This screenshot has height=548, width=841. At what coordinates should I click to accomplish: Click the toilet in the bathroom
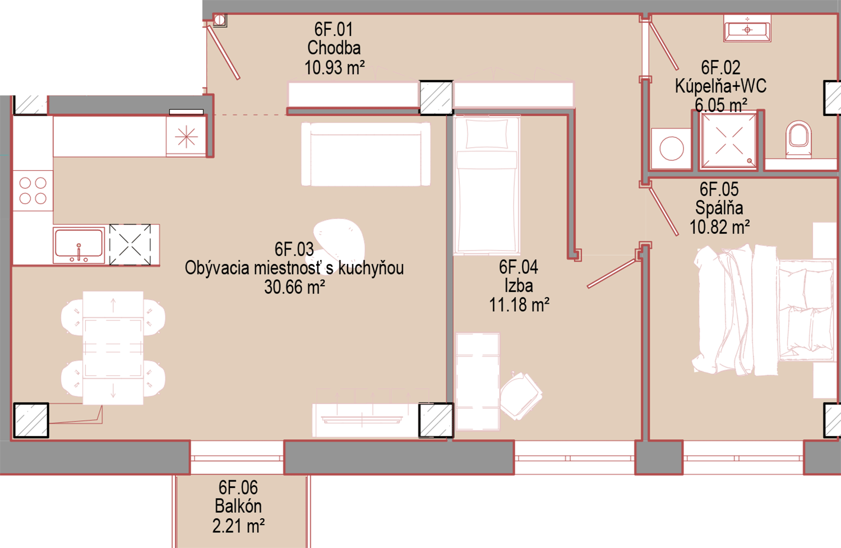coord(798,139)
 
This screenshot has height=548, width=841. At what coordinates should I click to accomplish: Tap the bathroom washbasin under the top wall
coord(747,28)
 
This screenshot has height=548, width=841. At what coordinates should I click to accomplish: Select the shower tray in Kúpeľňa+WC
coord(728,141)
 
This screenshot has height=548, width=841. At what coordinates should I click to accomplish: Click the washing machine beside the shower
coord(671,148)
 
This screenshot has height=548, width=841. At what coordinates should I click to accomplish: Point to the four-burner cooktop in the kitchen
coord(33,191)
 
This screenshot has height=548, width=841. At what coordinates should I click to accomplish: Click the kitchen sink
coord(79,245)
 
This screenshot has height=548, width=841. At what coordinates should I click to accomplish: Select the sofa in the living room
coord(366,154)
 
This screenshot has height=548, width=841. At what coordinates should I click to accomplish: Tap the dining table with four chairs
coord(113,348)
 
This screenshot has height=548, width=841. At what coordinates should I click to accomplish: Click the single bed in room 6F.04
coord(487,185)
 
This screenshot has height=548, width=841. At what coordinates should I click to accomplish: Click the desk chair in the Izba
coord(521,396)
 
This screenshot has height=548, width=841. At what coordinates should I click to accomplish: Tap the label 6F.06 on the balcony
coord(238,487)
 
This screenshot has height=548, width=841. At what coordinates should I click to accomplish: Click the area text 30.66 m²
coord(294,287)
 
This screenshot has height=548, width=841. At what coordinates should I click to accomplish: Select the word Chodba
coord(334,48)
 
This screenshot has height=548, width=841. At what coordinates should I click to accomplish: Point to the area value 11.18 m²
coord(519,305)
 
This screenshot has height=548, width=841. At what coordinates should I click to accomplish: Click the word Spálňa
coord(719,208)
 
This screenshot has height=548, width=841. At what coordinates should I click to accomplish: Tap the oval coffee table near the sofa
coord(339,241)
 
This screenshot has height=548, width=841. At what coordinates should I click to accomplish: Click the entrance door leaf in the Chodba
coord(224,53)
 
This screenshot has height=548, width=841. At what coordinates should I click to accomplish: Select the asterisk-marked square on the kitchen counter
coord(186,136)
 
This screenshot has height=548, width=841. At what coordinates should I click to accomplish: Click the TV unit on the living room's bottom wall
coord(366,420)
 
